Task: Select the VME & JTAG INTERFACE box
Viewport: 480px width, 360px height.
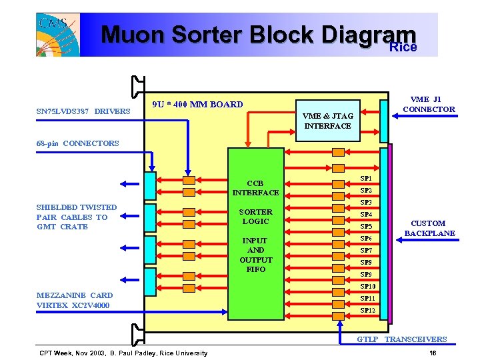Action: (327, 121)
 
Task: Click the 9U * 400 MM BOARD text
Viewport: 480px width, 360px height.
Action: (197, 104)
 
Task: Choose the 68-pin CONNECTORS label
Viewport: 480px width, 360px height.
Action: (78, 143)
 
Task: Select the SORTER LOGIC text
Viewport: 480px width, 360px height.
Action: (255, 217)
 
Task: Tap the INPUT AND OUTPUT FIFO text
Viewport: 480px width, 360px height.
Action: (255, 255)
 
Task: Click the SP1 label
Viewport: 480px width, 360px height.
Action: (366, 179)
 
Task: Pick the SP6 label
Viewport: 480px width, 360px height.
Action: (366, 239)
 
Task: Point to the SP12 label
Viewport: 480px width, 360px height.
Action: (367, 311)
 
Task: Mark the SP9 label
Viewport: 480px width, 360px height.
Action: (366, 275)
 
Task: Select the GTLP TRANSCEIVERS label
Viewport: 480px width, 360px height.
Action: (401, 339)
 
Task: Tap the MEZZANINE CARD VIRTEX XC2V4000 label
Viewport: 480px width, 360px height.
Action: (75, 300)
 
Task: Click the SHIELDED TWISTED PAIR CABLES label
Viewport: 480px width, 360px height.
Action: (76, 217)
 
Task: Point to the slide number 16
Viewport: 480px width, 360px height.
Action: (433, 353)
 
